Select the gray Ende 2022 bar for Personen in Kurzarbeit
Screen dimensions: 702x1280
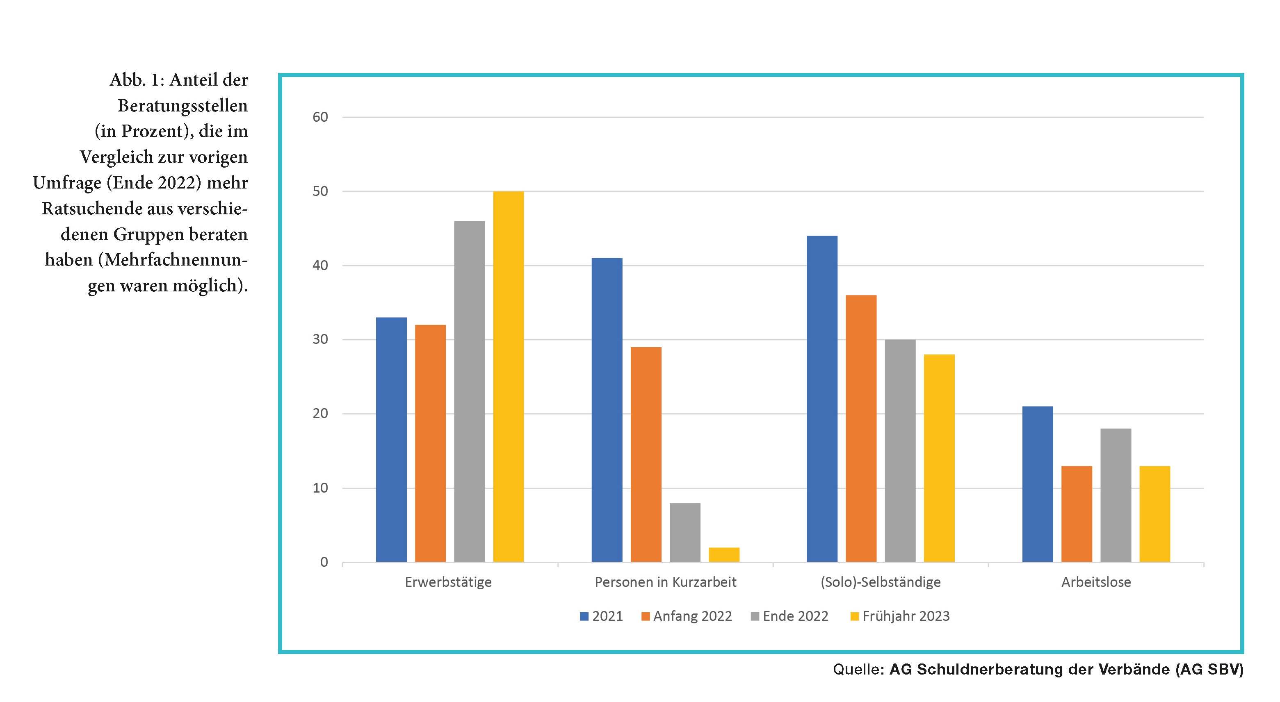click(x=685, y=532)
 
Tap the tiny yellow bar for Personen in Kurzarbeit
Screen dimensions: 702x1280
click(x=724, y=554)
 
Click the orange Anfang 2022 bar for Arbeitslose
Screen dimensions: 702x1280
click(x=1077, y=514)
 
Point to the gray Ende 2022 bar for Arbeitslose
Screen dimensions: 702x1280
click(x=1116, y=495)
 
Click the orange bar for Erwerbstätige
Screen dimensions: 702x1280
click(x=430, y=443)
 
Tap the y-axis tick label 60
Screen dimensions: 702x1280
click(x=320, y=117)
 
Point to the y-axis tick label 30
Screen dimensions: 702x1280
click(x=320, y=340)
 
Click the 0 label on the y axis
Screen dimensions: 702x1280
click(x=324, y=562)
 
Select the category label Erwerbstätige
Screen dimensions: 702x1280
click(x=448, y=582)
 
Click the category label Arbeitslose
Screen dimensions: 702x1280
click(x=1096, y=582)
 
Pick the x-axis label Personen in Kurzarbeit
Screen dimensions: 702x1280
click(x=665, y=582)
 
